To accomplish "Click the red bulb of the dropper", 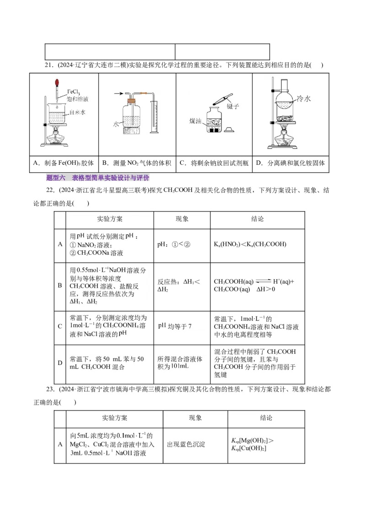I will [x=57, y=84].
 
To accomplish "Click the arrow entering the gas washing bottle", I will [x=118, y=94].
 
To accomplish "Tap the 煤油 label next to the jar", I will [x=196, y=121].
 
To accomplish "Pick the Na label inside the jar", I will [x=215, y=123].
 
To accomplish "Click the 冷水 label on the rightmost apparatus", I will [x=304, y=98].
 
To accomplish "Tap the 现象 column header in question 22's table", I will [x=182, y=219].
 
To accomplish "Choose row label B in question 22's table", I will [x=59, y=286].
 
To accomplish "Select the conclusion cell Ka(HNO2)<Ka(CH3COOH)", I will [x=250, y=244].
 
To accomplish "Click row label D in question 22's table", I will [x=59, y=363].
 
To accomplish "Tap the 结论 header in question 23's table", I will [x=266, y=418].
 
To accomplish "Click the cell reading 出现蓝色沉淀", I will [x=186, y=444].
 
